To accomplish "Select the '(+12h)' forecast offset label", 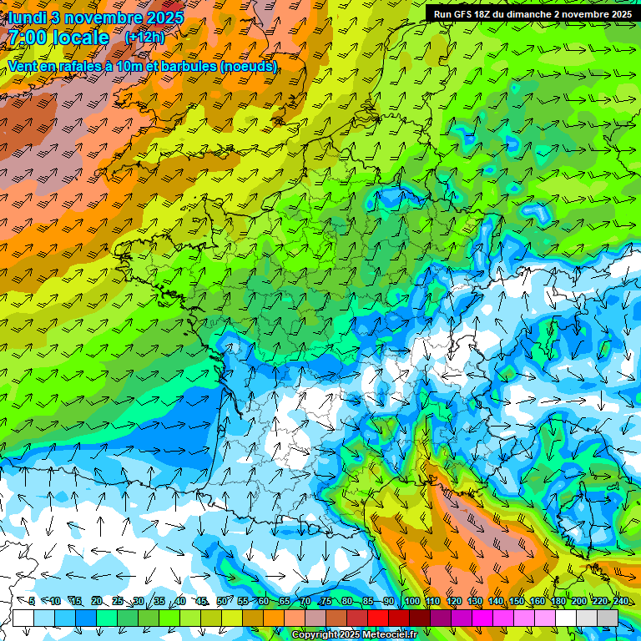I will click(144, 38).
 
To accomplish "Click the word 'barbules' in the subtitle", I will click(184, 66).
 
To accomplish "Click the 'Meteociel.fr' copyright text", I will click(389, 635).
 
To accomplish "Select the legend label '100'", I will click(411, 602).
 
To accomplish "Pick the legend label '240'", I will click(621, 602).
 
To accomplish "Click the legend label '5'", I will click(32, 602).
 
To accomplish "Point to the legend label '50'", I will click(222, 602).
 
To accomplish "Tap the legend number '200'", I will click(579, 602).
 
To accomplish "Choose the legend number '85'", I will click(368, 602).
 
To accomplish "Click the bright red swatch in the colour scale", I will click(378, 618).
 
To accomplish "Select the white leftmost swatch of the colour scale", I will click(23, 618).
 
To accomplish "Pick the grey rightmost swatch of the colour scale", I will click(608, 618).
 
